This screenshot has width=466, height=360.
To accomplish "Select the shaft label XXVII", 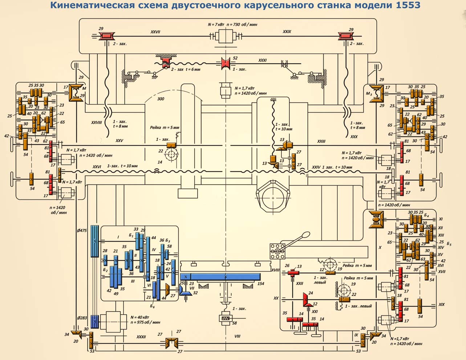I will click(155, 32).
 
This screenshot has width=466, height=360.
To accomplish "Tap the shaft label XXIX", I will click(287, 32).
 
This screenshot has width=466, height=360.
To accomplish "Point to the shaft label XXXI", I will click(262, 60).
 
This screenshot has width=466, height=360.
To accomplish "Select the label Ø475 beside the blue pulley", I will click(82, 231).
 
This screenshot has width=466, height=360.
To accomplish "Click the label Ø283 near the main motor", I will click(82, 318).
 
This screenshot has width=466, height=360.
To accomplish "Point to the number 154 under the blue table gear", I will click(260, 284).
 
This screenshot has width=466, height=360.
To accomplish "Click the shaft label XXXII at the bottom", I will click(141, 337).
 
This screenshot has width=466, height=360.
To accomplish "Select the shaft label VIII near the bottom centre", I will click(237, 336).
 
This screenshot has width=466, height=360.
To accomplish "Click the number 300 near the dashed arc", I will click(160, 99).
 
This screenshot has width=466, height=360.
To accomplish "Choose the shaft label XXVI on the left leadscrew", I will click(97, 166).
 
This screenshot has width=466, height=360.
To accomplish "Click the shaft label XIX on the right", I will click(441, 304).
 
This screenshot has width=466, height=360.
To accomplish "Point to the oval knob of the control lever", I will click(305, 235).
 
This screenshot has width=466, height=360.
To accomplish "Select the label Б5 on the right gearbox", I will click(449, 244).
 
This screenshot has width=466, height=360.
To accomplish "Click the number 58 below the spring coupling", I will click(235, 323).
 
